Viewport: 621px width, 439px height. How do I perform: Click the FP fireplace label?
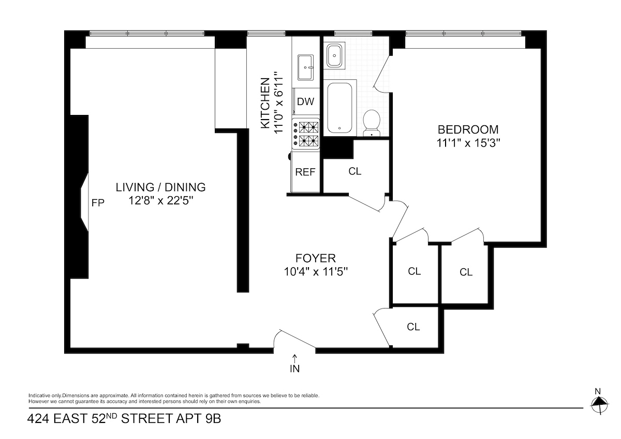point(98,203)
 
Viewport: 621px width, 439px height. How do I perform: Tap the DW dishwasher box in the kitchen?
point(305,101)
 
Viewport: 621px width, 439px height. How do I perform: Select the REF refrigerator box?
point(305,172)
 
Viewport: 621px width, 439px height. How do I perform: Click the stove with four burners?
point(307,133)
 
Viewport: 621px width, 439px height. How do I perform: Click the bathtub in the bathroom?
point(339,107)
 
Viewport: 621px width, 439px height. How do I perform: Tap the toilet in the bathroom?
point(371,122)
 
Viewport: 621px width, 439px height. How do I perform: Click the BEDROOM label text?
point(468,129)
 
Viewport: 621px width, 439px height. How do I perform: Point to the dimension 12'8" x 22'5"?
point(160,200)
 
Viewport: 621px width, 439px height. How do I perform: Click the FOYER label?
point(316,258)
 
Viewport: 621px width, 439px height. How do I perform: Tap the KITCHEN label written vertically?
point(265,103)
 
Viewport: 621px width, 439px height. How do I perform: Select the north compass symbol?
point(599,402)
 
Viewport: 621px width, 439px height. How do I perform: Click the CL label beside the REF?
point(355,171)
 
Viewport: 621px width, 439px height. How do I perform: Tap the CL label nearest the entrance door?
point(413,327)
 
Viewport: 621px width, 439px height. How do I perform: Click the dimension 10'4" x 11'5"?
point(316,271)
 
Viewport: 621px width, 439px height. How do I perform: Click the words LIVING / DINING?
point(160,187)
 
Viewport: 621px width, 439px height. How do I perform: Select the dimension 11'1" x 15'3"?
point(468,143)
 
